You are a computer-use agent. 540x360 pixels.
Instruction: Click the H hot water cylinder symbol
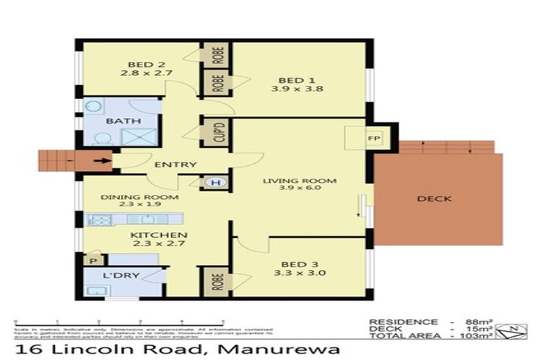(x=216, y=182)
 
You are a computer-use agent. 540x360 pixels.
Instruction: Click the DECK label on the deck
(x=435, y=199)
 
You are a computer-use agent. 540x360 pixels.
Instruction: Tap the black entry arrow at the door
(x=103, y=161)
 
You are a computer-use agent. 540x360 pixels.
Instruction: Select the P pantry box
(x=91, y=260)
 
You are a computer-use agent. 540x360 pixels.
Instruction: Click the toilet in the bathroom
(x=98, y=139)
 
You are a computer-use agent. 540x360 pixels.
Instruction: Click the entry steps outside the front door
(x=60, y=160)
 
